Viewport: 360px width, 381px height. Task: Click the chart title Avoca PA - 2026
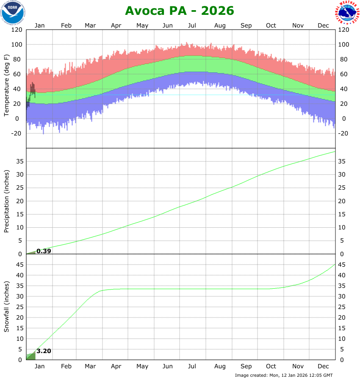180,11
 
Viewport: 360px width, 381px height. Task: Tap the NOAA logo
13,12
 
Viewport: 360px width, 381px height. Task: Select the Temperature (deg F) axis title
7,86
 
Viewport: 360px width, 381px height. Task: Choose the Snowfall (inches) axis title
7,307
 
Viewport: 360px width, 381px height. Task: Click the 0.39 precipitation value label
44,251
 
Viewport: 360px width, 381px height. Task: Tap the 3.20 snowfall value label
44,351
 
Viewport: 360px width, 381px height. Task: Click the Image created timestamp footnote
284,375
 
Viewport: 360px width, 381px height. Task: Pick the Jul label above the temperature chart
192,25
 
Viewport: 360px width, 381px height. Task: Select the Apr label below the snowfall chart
116,367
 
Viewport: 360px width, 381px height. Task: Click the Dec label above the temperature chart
324,25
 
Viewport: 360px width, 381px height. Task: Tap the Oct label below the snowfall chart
271,367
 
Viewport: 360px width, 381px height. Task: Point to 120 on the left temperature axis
17,30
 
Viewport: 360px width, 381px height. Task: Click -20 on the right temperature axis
344,133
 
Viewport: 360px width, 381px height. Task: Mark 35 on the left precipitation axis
19,161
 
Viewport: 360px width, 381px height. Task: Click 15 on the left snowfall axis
19,328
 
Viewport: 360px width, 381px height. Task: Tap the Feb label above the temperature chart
66,25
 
